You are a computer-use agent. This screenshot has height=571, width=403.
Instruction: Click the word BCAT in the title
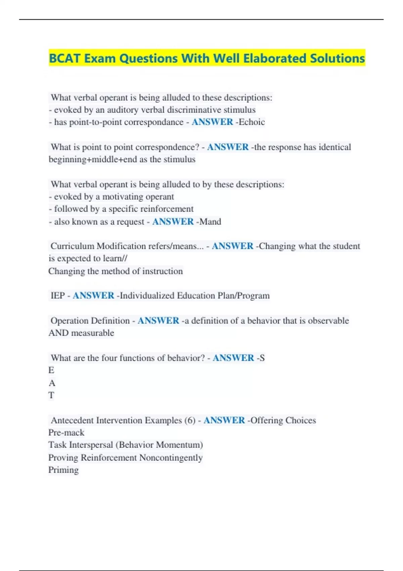click(x=65, y=58)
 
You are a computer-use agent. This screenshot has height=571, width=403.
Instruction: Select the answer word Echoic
click(x=252, y=122)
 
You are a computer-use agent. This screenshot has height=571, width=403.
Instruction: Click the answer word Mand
click(x=210, y=222)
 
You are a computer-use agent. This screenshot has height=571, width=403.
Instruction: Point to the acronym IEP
click(x=57, y=296)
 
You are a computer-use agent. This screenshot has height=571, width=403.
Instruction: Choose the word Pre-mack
click(x=66, y=433)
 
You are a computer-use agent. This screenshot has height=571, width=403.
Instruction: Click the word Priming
click(x=63, y=470)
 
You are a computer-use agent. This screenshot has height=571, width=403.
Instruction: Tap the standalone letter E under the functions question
click(x=51, y=370)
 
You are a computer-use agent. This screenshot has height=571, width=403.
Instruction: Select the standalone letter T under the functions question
click(x=51, y=395)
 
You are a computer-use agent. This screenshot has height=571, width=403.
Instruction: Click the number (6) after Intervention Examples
click(x=190, y=421)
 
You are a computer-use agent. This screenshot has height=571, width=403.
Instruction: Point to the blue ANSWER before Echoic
click(x=212, y=122)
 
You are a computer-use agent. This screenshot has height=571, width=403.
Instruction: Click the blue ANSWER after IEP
click(x=93, y=296)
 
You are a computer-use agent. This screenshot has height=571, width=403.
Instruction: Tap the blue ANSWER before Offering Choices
click(x=224, y=421)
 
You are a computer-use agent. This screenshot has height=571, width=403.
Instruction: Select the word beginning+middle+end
click(x=93, y=159)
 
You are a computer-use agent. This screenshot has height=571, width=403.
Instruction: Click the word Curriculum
click(x=72, y=246)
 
